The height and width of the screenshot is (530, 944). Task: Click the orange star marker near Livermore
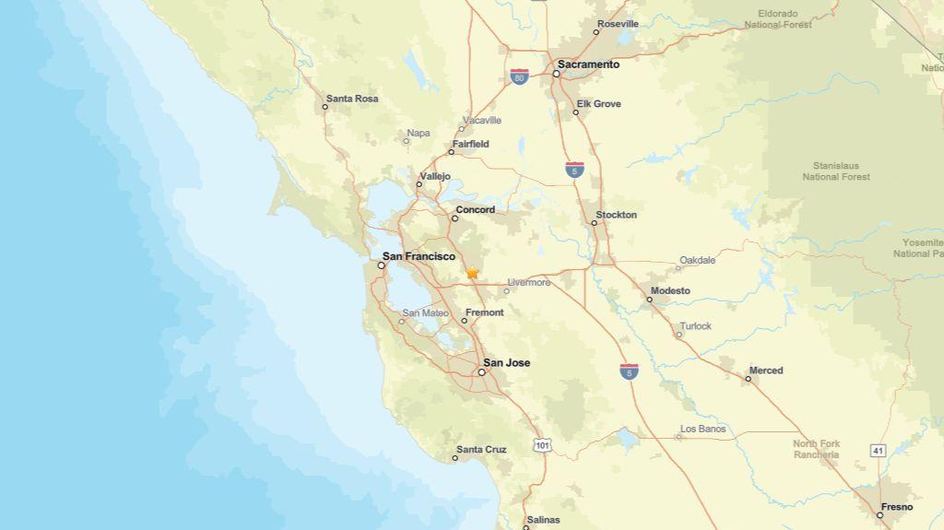click(x=472, y=273)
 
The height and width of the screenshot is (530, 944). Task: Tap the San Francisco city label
click(x=419, y=256)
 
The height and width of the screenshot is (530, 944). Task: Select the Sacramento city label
click(x=588, y=65)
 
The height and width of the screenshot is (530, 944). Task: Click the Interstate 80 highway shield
click(x=520, y=77)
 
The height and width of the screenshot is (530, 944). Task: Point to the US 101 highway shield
click(x=542, y=445)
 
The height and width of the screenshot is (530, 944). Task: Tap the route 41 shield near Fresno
click(x=878, y=450)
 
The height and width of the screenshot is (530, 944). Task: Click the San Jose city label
click(x=506, y=363)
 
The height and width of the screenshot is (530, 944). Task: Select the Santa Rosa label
click(x=351, y=99)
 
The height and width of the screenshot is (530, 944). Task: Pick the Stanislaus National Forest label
click(x=835, y=171)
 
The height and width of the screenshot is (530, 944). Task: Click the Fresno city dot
click(x=880, y=514)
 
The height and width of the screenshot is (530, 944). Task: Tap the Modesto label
click(x=670, y=291)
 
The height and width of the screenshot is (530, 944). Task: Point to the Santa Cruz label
click(x=481, y=450)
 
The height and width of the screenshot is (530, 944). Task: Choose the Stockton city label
click(x=616, y=215)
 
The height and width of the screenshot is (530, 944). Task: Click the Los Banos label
click(x=702, y=429)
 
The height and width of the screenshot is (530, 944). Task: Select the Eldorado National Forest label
click(x=778, y=19)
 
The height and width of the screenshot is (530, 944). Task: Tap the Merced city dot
click(x=748, y=378)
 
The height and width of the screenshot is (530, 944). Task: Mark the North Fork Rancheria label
click(x=817, y=449)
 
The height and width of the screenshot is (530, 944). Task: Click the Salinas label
click(x=542, y=520)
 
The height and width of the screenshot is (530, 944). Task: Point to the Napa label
click(x=418, y=134)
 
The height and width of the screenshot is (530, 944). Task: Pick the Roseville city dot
click(x=596, y=32)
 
